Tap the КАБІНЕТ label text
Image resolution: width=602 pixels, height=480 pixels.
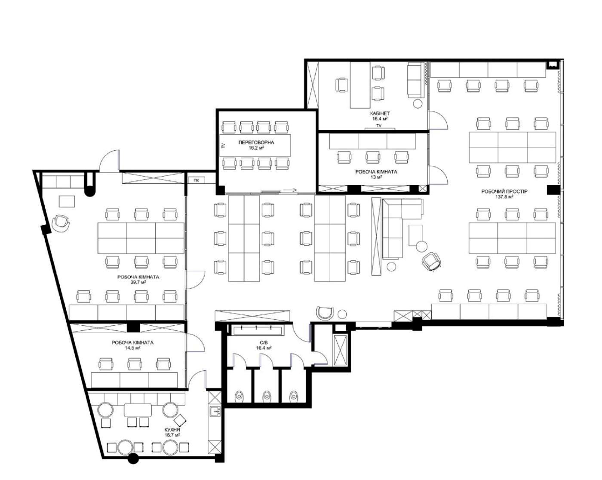pyautogui.click(x=380, y=113)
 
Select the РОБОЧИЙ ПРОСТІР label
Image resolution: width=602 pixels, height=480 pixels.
pyautogui.click(x=504, y=192)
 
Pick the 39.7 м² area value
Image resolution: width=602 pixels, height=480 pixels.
pyautogui.click(x=138, y=282)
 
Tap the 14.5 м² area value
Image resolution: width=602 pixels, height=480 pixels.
pyautogui.click(x=132, y=348)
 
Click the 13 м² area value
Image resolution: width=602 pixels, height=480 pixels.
pyautogui.click(x=376, y=177)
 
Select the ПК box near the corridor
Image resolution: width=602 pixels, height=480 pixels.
pyautogui.click(x=197, y=180)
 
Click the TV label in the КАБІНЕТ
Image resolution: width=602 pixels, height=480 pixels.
pyautogui.click(x=379, y=126)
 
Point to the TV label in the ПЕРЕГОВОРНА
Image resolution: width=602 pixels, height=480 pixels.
pyautogui.click(x=223, y=145)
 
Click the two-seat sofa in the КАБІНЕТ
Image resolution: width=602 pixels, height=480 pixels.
pyautogui.click(x=415, y=80)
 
